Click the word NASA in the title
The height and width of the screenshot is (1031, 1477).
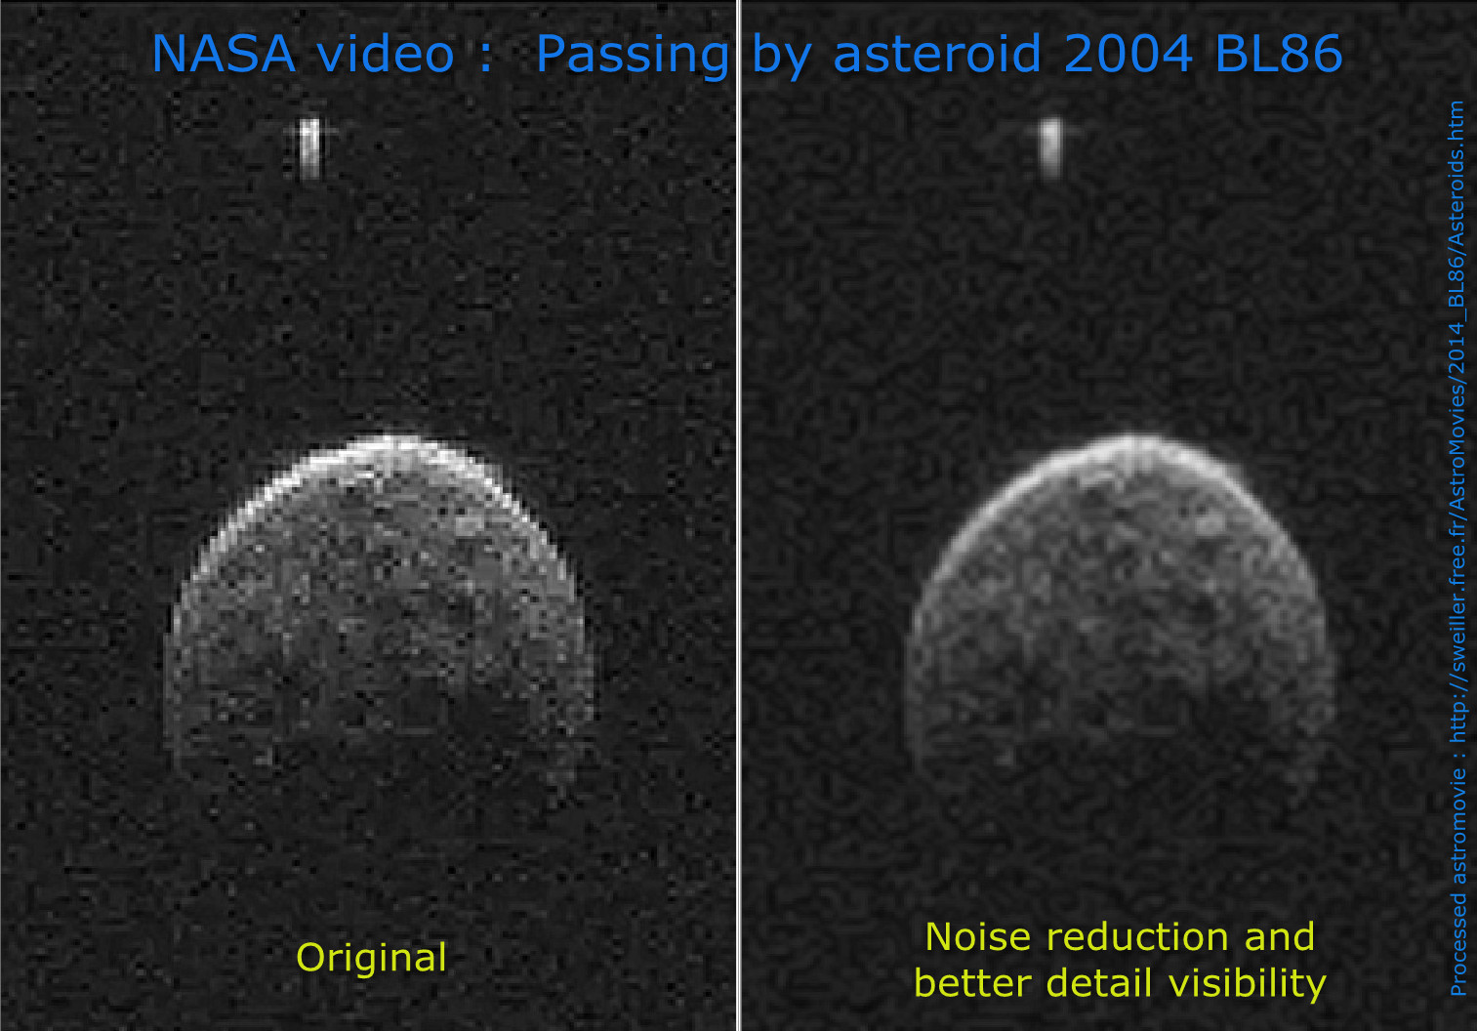224,54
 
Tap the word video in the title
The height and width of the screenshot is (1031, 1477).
386,53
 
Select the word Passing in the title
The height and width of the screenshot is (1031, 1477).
633,57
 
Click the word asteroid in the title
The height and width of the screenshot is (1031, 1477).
937,53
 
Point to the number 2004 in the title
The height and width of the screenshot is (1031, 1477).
1128,54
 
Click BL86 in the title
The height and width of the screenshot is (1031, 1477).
1279,54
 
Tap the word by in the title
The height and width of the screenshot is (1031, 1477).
781,57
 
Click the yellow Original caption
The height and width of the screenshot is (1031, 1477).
371,959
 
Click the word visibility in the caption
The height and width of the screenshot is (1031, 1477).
1248,984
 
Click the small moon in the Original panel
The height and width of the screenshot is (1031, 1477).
309,148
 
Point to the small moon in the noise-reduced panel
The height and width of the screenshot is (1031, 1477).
1051,147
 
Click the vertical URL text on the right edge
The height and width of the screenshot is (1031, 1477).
1456,548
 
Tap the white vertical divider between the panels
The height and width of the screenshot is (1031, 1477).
738,515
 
